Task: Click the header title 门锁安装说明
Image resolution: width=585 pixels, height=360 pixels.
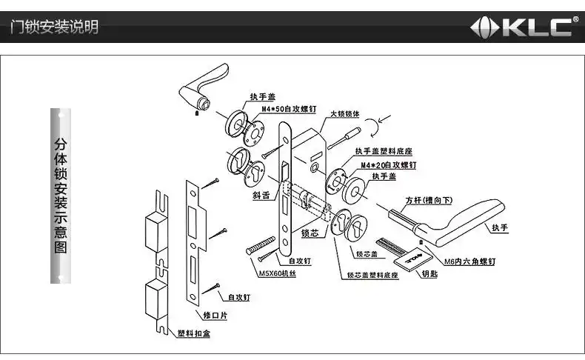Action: click(53, 28)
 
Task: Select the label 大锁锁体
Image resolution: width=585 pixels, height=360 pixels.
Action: click(344, 114)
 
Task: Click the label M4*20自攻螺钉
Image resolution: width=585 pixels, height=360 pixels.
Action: click(388, 164)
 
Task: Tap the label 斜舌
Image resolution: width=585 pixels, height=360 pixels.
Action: click(261, 196)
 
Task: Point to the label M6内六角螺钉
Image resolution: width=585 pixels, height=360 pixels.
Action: click(469, 261)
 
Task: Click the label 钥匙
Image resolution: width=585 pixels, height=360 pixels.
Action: click(429, 273)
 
